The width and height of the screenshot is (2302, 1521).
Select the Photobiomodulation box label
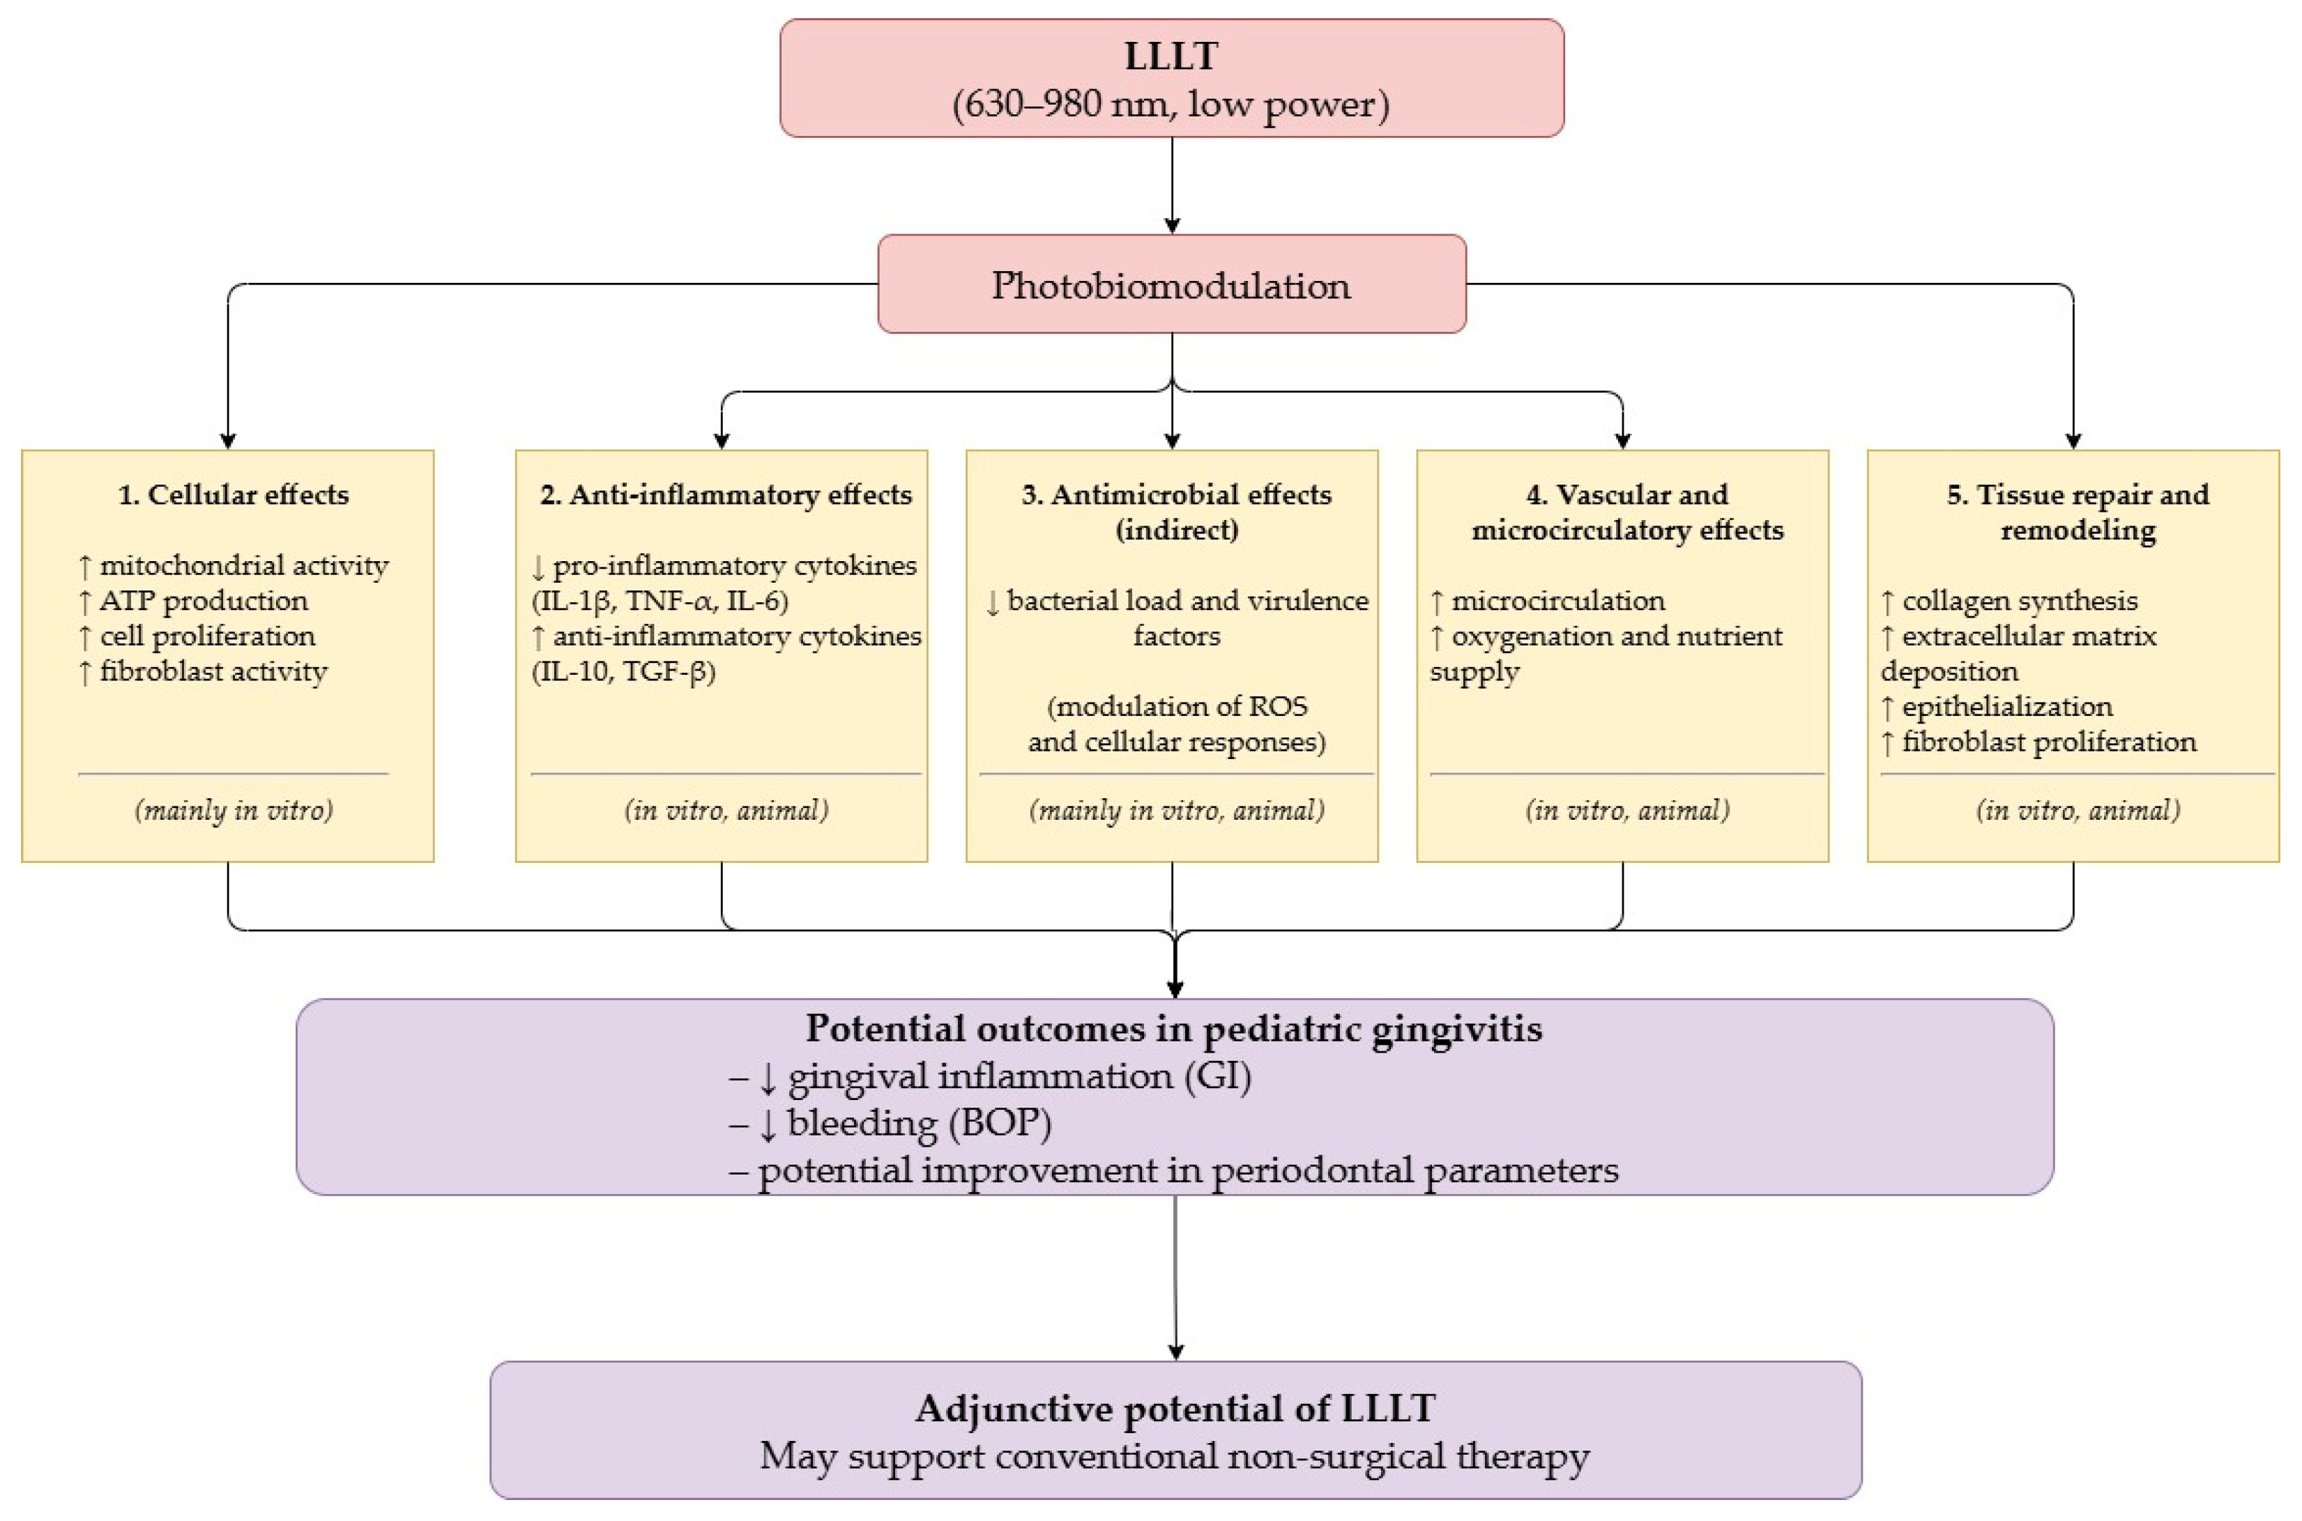[1171, 285]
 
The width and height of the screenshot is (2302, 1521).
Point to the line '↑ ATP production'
[193, 600]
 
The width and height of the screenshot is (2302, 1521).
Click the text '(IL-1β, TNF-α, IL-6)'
[660, 600]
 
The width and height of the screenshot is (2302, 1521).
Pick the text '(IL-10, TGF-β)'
[624, 671]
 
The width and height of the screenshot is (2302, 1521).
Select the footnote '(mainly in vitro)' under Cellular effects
[234, 810]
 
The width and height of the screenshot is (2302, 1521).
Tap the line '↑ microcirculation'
[1547, 600]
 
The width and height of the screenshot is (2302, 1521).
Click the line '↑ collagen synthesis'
[2009, 600]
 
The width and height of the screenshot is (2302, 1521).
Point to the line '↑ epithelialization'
[1997, 706]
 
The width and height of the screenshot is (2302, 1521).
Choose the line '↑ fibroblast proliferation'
[2038, 742]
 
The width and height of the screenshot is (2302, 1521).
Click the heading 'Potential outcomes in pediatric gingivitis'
[1174, 1028]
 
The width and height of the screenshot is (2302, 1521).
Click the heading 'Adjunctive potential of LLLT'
[1175, 1409]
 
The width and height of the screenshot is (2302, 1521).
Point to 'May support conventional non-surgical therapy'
[1175, 1456]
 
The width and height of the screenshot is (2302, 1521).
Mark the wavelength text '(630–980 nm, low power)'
[1171, 104]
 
